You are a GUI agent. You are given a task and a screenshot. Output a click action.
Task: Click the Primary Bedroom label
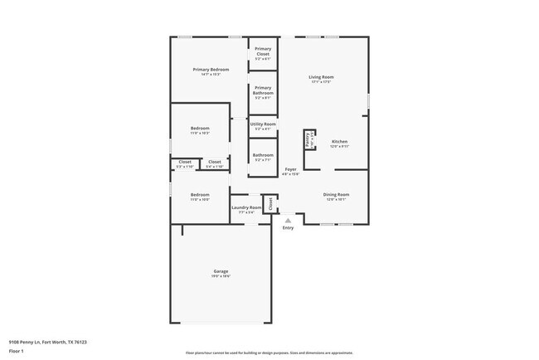pos(211,70)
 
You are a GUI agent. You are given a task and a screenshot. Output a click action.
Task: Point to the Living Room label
pos(321,78)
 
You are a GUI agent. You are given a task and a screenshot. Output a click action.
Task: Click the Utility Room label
pos(263,124)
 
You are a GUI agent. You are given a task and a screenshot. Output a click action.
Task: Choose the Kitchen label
pos(340,141)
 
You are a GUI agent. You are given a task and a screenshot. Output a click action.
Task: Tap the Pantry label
pos(307,139)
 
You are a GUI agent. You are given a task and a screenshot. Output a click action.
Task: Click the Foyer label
pos(290,169)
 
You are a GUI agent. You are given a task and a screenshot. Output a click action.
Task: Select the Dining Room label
pos(336,195)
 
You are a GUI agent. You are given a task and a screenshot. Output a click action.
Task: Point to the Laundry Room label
pos(246,207)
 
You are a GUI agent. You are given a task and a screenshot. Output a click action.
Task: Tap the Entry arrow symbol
pos(288,221)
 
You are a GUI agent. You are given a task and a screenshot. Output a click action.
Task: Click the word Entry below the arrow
pos(288,228)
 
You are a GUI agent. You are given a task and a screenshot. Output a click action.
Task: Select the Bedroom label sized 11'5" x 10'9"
pos(200,196)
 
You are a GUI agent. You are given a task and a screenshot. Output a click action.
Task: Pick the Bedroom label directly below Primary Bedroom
pos(200,129)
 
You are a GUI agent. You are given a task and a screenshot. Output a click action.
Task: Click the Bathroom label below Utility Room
pos(263,155)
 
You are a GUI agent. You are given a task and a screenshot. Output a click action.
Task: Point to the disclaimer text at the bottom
pos(269,353)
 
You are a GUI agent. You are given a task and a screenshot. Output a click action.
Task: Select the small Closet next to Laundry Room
pos(270,203)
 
